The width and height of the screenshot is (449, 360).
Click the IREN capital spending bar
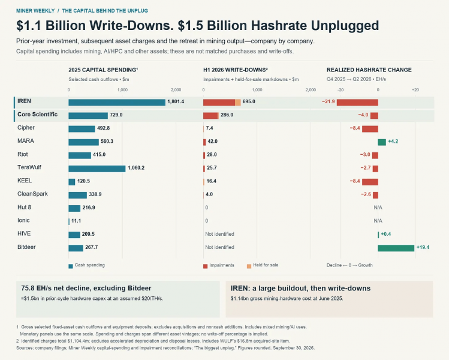(x=117, y=103)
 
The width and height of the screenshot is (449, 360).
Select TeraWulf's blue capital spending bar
(x=97, y=169)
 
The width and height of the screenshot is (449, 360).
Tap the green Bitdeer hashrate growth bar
(x=396, y=248)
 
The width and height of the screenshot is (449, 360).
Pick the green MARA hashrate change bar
(x=382, y=142)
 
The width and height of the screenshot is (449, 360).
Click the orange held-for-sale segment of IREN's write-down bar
(x=237, y=103)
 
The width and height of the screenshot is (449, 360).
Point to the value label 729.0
(x=116, y=115)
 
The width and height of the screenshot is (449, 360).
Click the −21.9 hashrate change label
(x=328, y=101)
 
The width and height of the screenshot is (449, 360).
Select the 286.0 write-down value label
(x=227, y=115)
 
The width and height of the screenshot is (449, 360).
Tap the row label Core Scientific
(x=38, y=115)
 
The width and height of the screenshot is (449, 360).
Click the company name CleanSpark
(x=32, y=194)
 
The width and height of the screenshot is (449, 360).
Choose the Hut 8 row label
(x=24, y=207)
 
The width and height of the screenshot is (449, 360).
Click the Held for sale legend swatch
(x=249, y=266)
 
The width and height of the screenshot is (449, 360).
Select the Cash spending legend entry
(x=86, y=265)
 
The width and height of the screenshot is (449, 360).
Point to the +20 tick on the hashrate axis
(x=415, y=90)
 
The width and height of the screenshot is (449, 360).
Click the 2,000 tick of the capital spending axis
(x=176, y=90)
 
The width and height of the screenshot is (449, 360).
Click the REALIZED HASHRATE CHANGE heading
(x=369, y=70)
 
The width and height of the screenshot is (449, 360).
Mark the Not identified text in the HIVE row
(x=219, y=234)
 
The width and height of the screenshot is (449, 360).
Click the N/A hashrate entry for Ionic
(x=378, y=221)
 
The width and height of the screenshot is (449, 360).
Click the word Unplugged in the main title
(x=345, y=26)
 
